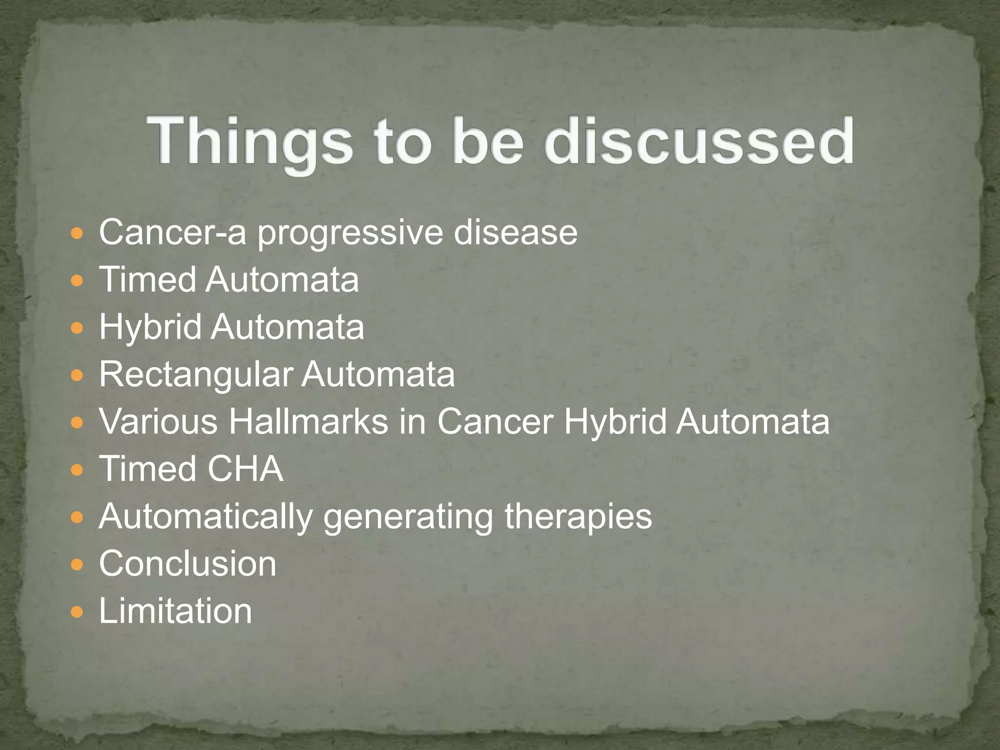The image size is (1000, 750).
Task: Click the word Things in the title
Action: tap(250, 142)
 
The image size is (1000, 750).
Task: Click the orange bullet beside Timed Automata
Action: tap(77, 281)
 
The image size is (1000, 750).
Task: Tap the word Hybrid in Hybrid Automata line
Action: tap(150, 327)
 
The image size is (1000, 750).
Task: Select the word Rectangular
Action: tap(195, 375)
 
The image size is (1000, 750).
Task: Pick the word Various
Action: tap(158, 421)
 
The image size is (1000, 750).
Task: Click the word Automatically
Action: tap(206, 517)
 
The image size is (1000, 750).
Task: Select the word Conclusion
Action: tap(187, 563)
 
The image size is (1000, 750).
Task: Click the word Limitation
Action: tap(175, 611)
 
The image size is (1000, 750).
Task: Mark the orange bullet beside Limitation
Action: tap(77, 612)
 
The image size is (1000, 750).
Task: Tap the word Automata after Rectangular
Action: tap(378, 375)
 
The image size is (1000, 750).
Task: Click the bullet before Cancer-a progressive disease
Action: tap(77, 233)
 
